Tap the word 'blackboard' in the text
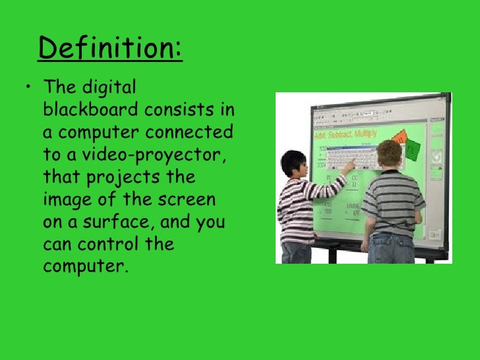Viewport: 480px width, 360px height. (x=88, y=110)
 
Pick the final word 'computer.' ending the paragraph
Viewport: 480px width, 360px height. (x=83, y=267)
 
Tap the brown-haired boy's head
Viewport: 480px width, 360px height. (x=389, y=154)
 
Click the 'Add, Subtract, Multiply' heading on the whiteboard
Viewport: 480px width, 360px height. (x=346, y=135)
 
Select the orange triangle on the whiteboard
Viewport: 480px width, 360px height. (x=397, y=136)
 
